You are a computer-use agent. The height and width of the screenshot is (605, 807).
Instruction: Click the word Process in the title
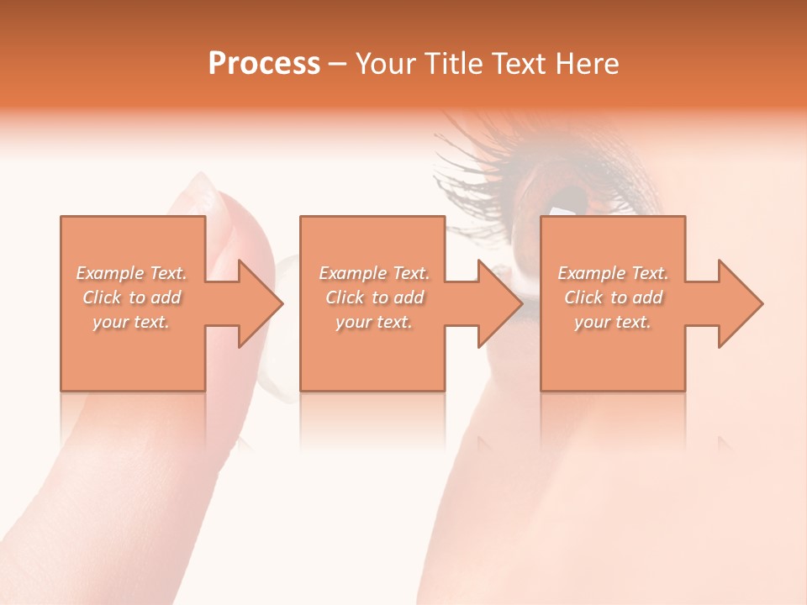tap(264, 63)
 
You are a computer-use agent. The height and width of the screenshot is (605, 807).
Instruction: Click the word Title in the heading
tap(450, 63)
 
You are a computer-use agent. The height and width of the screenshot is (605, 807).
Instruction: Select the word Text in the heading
tap(516, 63)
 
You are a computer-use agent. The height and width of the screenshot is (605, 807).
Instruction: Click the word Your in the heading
tap(388, 63)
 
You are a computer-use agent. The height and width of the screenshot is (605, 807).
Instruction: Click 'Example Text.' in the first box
tap(132, 273)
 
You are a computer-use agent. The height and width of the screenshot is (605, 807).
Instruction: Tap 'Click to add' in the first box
tap(132, 297)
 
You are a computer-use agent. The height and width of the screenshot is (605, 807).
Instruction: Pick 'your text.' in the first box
tap(132, 322)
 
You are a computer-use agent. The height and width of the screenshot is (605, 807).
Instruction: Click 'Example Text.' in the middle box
tap(374, 273)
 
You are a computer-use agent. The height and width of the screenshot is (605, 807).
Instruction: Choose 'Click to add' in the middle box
tap(374, 297)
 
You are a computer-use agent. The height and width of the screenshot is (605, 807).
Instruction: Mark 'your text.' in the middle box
tap(374, 322)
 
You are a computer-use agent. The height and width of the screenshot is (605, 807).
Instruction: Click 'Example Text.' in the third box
tap(613, 273)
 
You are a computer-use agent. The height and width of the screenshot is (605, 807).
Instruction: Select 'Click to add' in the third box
tap(613, 297)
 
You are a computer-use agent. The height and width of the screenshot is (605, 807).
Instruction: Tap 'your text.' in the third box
tap(613, 322)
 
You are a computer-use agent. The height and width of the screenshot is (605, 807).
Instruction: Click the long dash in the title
tap(338, 64)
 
